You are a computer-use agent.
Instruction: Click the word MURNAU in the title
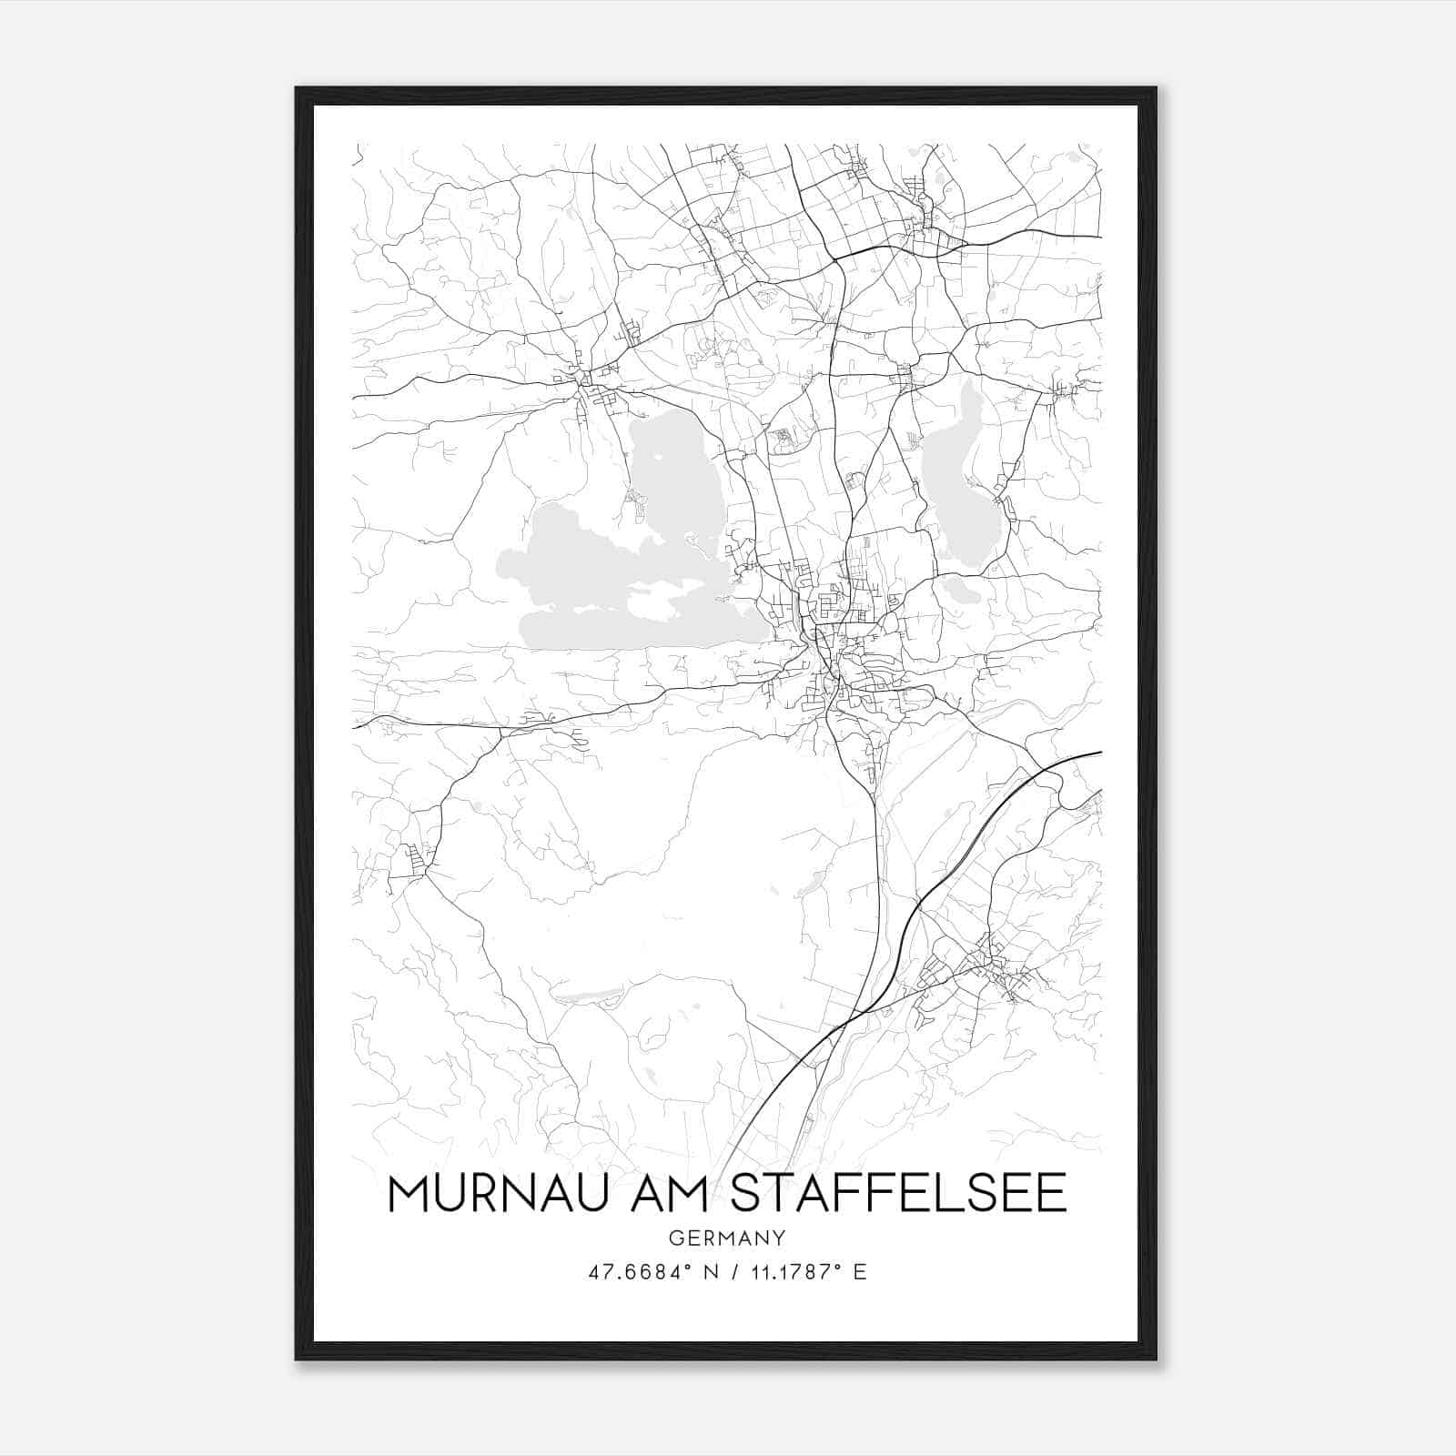[x=488, y=1194]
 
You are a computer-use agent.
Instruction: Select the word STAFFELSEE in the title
[x=898, y=1194]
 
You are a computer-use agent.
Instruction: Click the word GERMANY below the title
[x=727, y=1238]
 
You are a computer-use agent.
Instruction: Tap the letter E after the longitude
[x=860, y=1271]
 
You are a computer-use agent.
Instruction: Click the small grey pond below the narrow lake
[x=963, y=592]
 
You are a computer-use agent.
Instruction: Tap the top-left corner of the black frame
[x=298, y=89]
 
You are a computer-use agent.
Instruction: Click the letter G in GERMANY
[x=675, y=1238]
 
